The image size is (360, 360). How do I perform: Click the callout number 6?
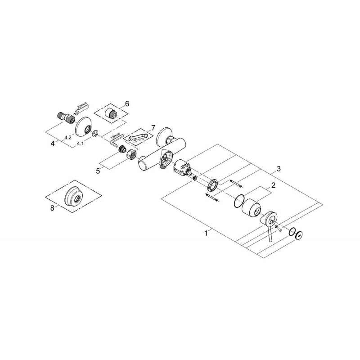[127, 104]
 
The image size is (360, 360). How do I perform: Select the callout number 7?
[153, 128]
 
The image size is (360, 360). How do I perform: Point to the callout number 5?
[98, 171]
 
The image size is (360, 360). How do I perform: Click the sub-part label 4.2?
[68, 138]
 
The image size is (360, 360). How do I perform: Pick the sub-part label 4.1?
[80, 144]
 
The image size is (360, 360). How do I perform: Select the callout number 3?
[279, 169]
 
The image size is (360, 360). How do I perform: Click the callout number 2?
[273, 185]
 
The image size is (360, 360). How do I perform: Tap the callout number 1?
[206, 233]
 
